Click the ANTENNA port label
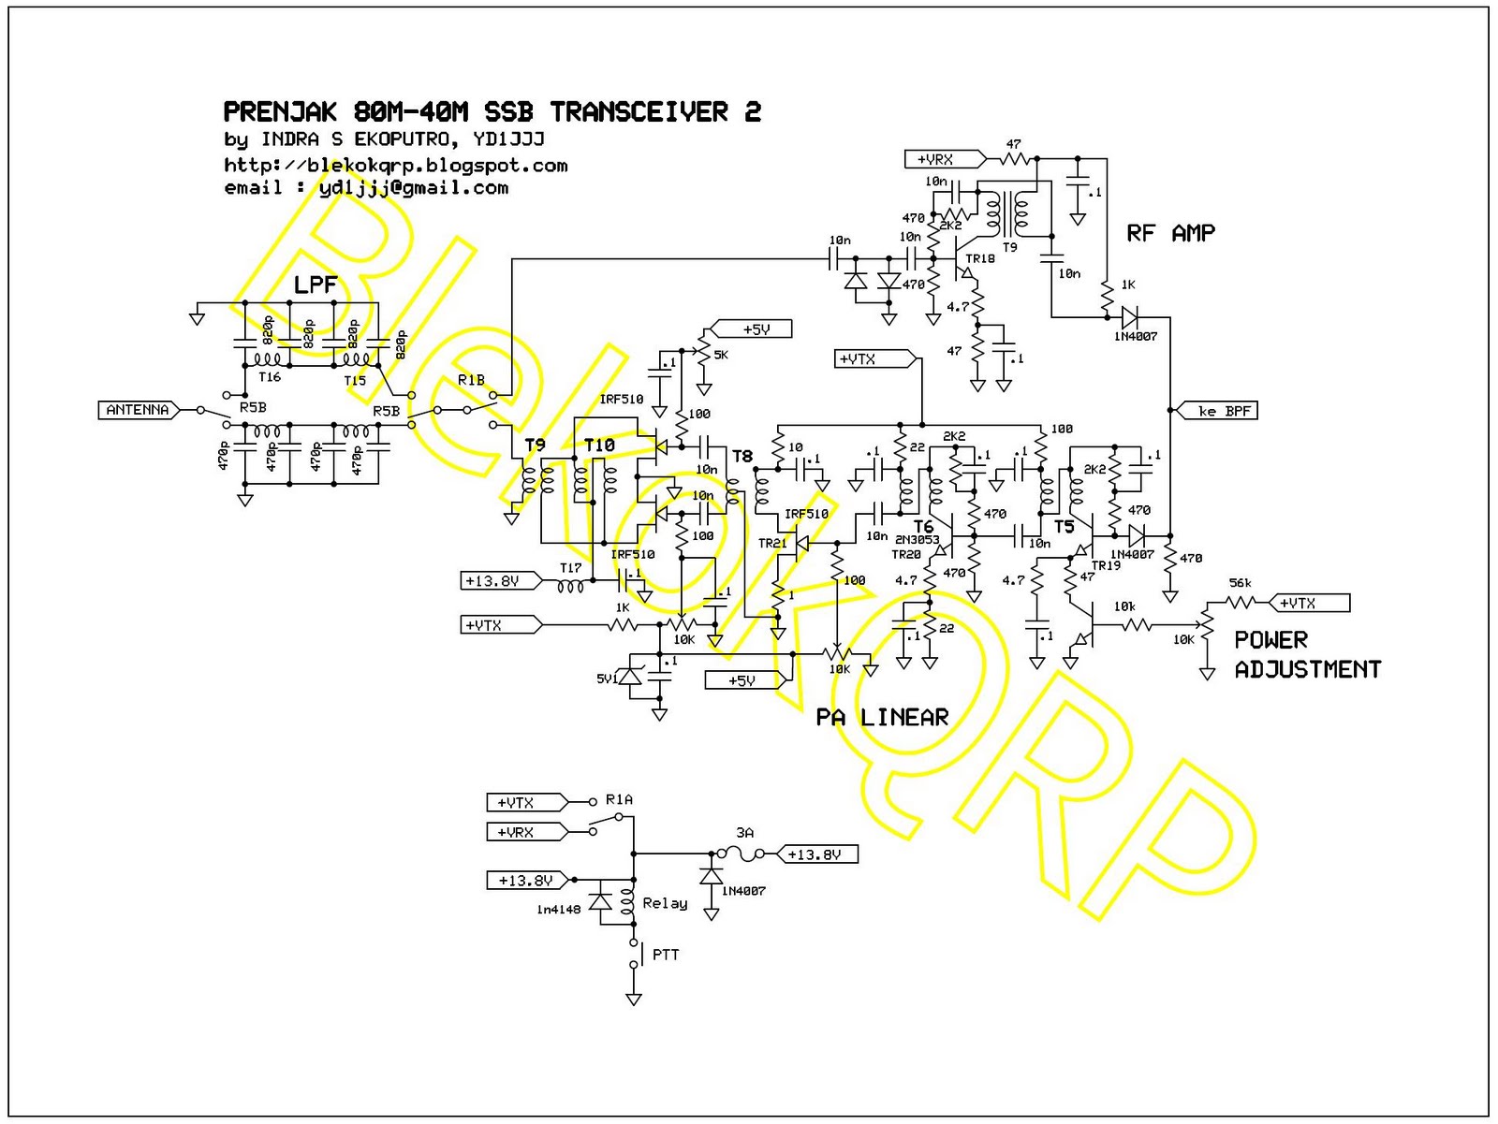[137, 410]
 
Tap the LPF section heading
[315, 285]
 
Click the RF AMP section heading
[1170, 233]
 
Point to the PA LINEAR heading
[882, 718]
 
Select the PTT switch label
[665, 955]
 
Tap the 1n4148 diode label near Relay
[558, 910]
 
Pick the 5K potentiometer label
[720, 355]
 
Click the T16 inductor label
[269, 377]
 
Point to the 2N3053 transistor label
[917, 540]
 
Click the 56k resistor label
[1240, 583]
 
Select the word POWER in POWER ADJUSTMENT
[1270, 640]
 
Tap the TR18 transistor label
[980, 258]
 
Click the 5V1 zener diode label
[607, 679]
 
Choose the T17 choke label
[570, 568]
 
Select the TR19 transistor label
[1105, 565]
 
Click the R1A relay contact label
[619, 799]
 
